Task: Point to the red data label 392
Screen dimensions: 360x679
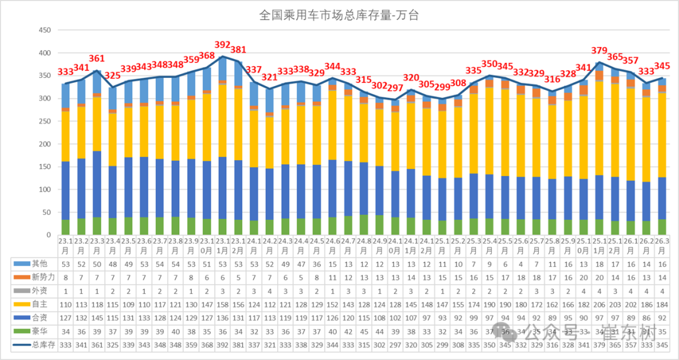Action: coord(223,45)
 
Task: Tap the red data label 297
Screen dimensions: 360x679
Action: coord(395,88)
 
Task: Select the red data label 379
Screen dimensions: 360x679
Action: coord(599,51)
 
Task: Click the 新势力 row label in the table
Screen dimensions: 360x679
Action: coord(38,278)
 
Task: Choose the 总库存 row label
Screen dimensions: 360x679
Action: coord(37,344)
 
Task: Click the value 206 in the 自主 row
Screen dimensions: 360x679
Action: coord(599,304)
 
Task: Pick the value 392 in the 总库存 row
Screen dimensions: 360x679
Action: coord(223,344)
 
